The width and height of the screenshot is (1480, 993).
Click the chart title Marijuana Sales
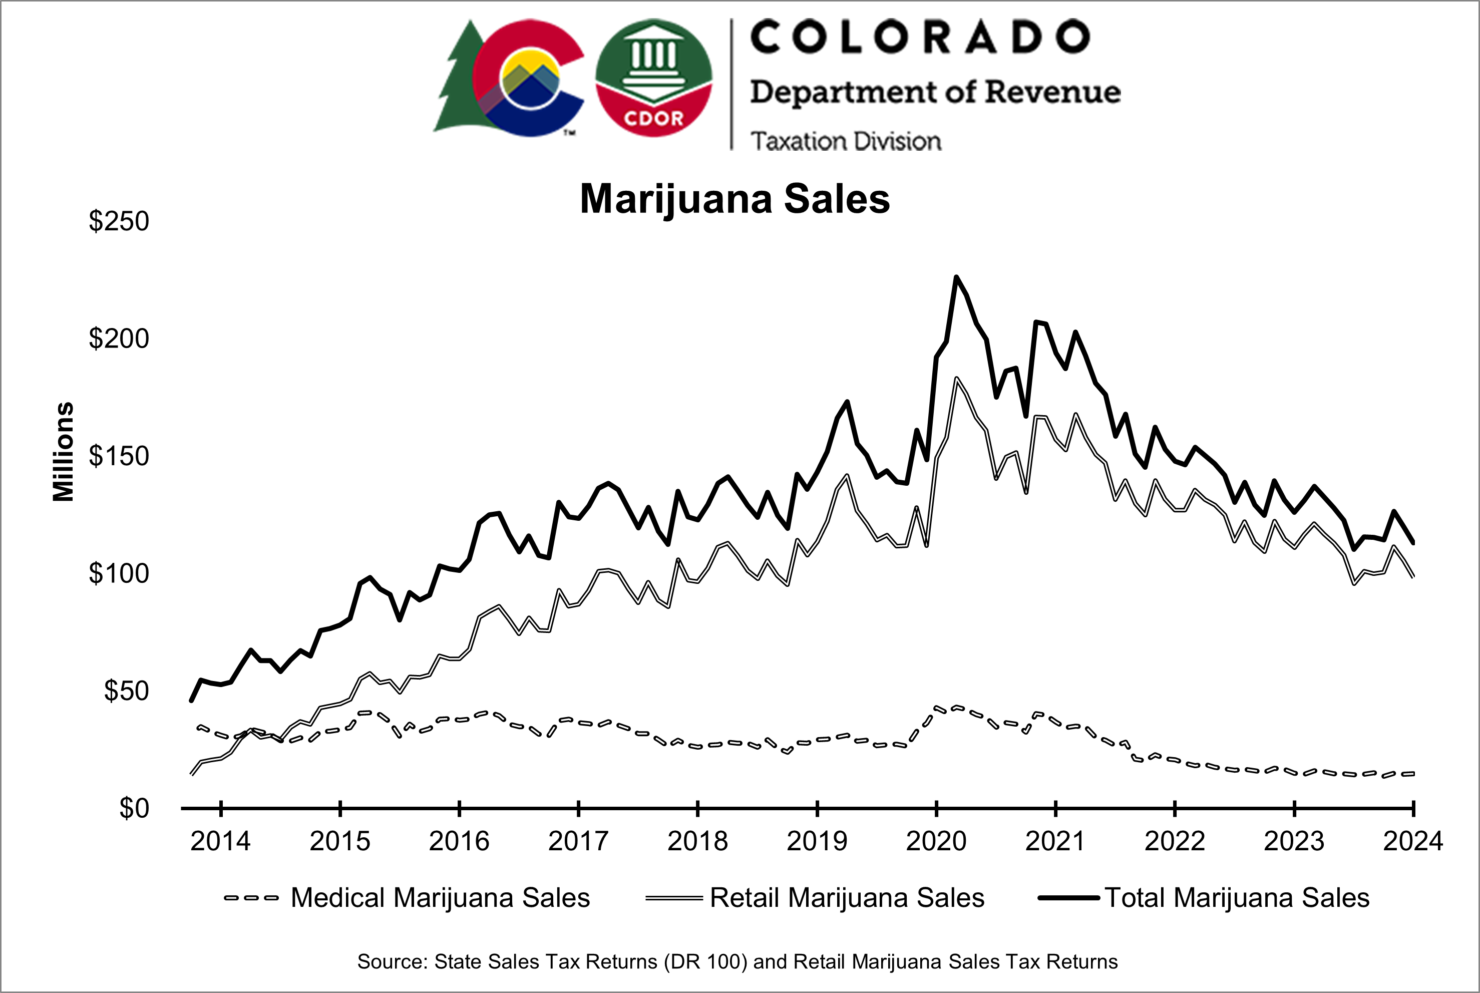734,199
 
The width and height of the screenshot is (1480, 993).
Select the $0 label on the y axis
134,808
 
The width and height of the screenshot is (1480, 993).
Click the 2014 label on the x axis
220,841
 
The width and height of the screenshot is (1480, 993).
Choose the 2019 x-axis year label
817,841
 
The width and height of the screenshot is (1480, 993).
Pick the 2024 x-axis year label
1412,841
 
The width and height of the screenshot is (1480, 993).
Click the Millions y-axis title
63,452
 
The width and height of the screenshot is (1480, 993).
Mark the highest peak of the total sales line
956,277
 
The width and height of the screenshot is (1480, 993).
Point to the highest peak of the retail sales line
956,378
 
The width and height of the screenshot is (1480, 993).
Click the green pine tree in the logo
457,82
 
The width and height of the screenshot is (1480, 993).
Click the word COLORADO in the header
920,37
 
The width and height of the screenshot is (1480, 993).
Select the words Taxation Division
846,141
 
